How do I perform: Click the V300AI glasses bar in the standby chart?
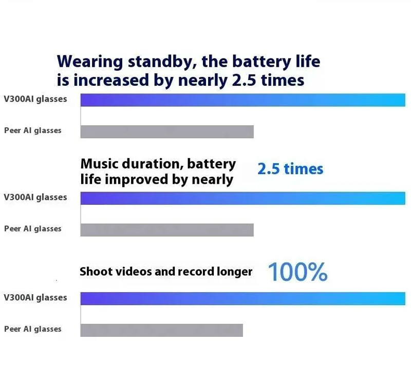pos(242,100)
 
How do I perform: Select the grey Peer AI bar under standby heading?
pos(167,131)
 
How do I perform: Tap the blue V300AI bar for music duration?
pos(242,198)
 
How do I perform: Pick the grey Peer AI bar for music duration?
pos(167,230)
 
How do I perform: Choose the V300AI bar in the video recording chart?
pos(242,298)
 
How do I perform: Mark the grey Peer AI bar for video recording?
pos(161,330)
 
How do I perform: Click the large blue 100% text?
pos(297,272)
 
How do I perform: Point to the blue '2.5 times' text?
pos(290,169)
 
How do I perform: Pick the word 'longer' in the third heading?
pos(234,272)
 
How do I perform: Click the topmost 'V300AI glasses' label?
pos(35,99)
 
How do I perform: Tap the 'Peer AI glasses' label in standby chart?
pos(33,130)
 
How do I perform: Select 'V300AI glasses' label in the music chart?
pos(35,197)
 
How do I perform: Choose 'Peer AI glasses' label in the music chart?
pos(33,229)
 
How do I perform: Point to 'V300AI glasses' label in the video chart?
pos(35,297)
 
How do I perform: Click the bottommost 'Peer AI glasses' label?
pos(33,329)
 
